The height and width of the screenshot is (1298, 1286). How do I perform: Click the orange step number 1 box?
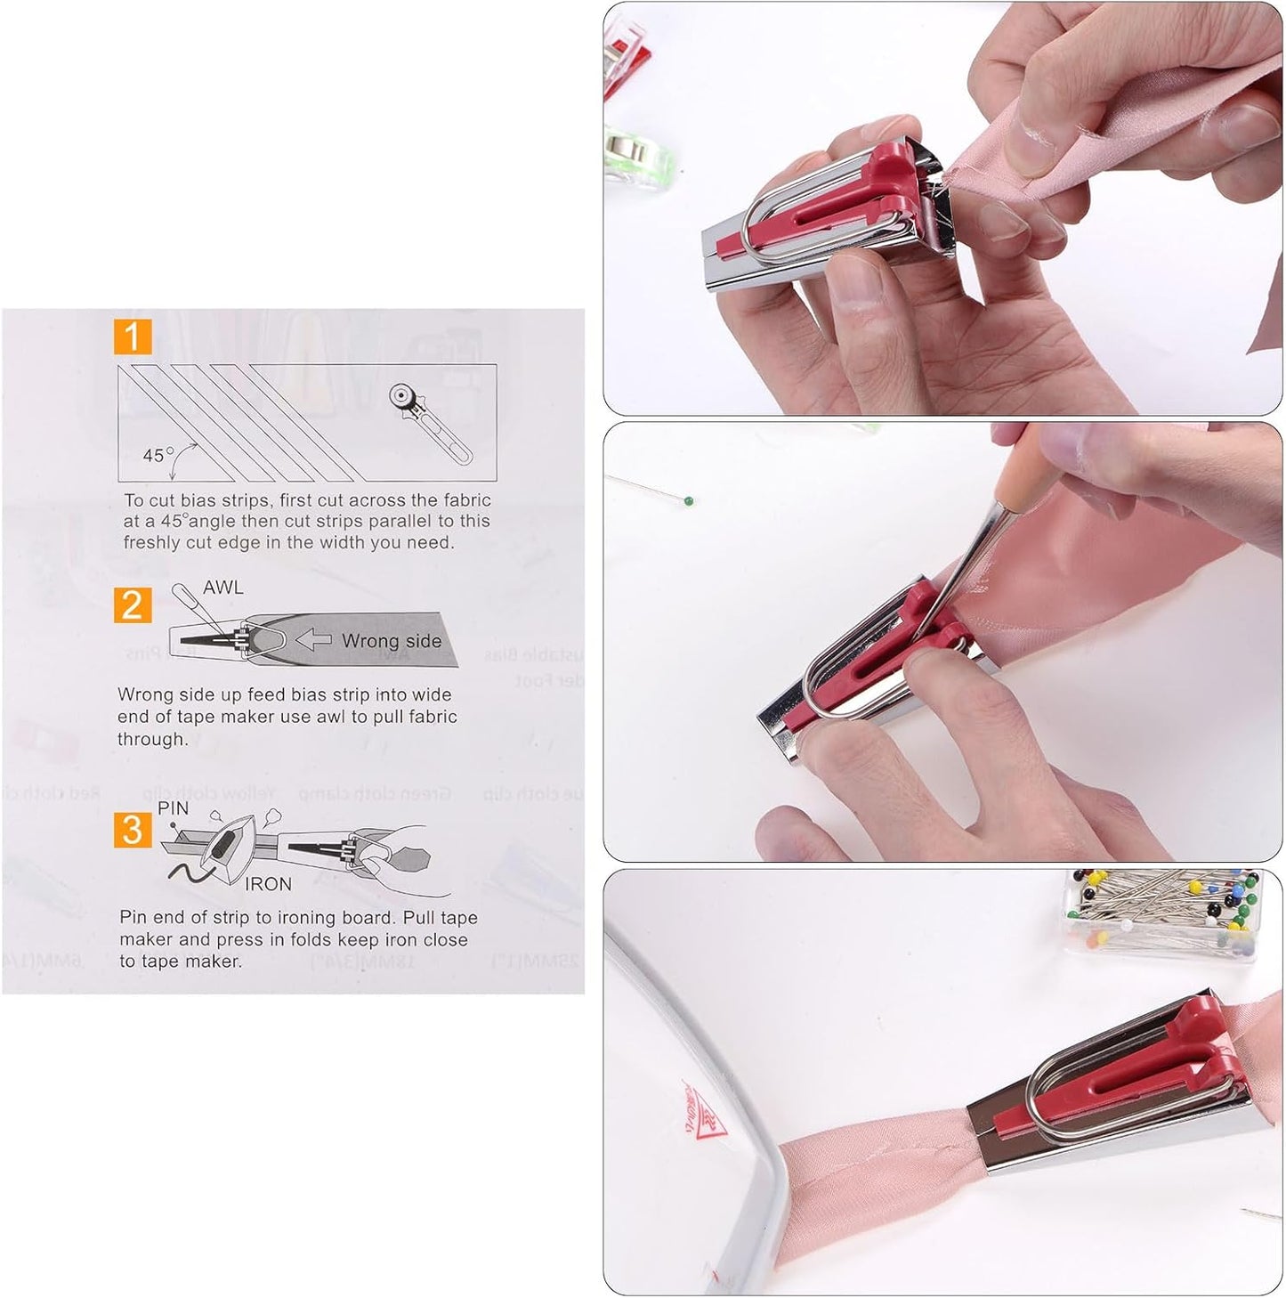tap(133, 337)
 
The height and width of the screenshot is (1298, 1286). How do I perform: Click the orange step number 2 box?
tap(133, 605)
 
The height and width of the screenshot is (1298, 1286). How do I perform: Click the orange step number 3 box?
tap(133, 829)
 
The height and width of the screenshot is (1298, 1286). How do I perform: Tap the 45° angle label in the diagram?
tap(158, 455)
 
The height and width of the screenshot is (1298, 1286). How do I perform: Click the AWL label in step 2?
tap(222, 588)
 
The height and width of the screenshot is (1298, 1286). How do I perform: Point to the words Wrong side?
tap(392, 641)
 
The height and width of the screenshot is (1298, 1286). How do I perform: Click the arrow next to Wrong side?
tap(312, 639)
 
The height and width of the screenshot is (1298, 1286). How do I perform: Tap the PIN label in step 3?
tap(173, 808)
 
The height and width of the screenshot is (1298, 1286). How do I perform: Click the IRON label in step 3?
tap(268, 884)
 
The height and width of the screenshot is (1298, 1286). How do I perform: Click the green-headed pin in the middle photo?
tap(688, 500)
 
